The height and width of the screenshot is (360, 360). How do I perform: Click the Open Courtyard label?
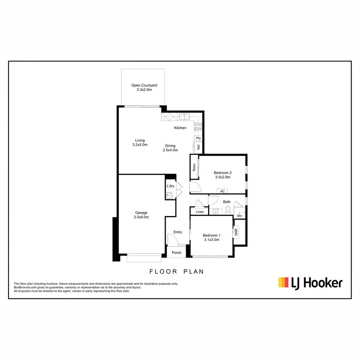click(x=144, y=85)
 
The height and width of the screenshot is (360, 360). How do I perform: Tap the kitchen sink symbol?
click(x=184, y=117)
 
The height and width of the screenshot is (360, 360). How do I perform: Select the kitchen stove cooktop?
click(x=198, y=126)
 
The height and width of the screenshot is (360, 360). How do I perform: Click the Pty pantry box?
click(x=198, y=138)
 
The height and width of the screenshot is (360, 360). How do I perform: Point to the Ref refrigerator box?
click(x=198, y=147)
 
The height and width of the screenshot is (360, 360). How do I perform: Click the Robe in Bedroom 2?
click(x=194, y=167)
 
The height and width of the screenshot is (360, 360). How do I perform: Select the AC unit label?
click(x=222, y=191)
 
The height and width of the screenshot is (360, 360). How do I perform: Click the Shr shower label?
click(x=239, y=216)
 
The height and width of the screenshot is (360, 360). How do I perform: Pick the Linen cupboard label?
click(x=200, y=212)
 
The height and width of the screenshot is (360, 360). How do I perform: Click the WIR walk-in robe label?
click(x=236, y=232)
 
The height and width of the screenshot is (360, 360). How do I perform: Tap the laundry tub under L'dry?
click(x=169, y=196)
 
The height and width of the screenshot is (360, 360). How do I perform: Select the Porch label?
click(x=176, y=253)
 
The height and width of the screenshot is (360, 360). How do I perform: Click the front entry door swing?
click(x=172, y=239)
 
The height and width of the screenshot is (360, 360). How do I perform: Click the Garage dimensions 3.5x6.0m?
click(x=141, y=217)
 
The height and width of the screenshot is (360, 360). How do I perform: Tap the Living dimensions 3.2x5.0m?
click(x=140, y=145)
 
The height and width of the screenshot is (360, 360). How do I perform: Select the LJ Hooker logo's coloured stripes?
click(x=283, y=282)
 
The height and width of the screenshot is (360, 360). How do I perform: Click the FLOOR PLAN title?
click(x=176, y=272)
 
